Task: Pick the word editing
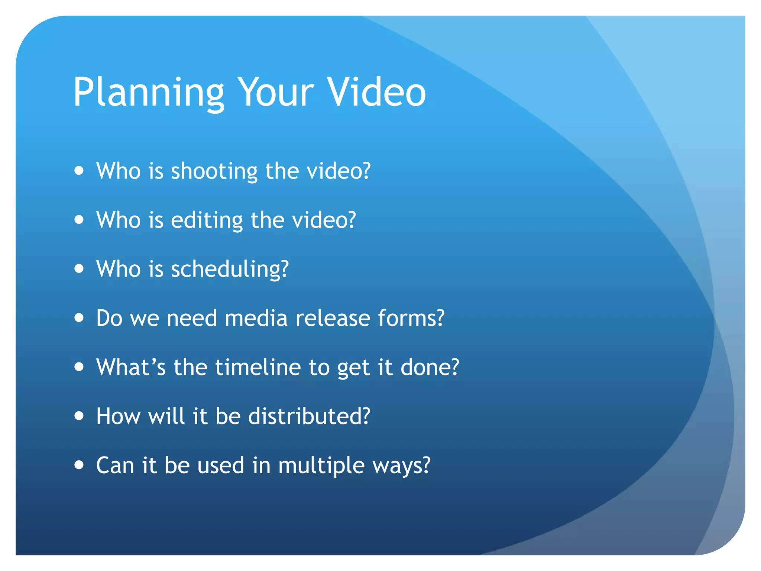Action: (x=207, y=220)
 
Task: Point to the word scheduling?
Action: (x=230, y=270)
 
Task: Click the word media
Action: (x=256, y=318)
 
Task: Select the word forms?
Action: (x=411, y=318)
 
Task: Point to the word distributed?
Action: (x=309, y=416)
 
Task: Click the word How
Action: (x=118, y=416)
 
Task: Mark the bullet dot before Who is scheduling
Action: (x=79, y=268)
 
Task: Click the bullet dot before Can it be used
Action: (x=79, y=465)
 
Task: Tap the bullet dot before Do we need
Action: (x=79, y=318)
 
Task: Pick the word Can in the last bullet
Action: (x=115, y=465)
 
